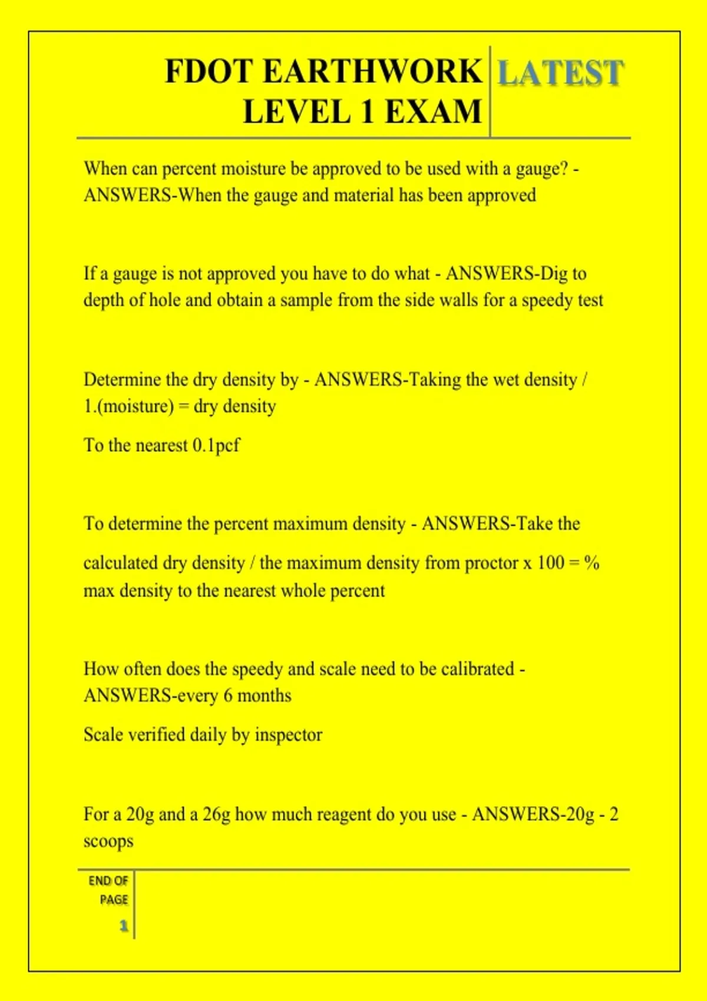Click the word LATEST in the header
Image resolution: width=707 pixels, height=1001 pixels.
coord(560,73)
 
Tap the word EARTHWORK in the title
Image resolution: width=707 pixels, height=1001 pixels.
coord(372,72)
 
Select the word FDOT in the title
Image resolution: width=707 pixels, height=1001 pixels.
coord(209,72)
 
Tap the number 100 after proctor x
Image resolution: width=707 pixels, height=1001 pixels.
coord(550,563)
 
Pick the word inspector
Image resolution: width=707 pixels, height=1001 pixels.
coord(288,735)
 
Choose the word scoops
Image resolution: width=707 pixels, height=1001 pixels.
coord(108,841)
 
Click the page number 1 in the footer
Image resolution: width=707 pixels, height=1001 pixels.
coord(124,926)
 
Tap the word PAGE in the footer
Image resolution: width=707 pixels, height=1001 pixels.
coord(114,900)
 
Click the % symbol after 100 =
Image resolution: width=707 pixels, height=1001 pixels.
coord(592,563)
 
